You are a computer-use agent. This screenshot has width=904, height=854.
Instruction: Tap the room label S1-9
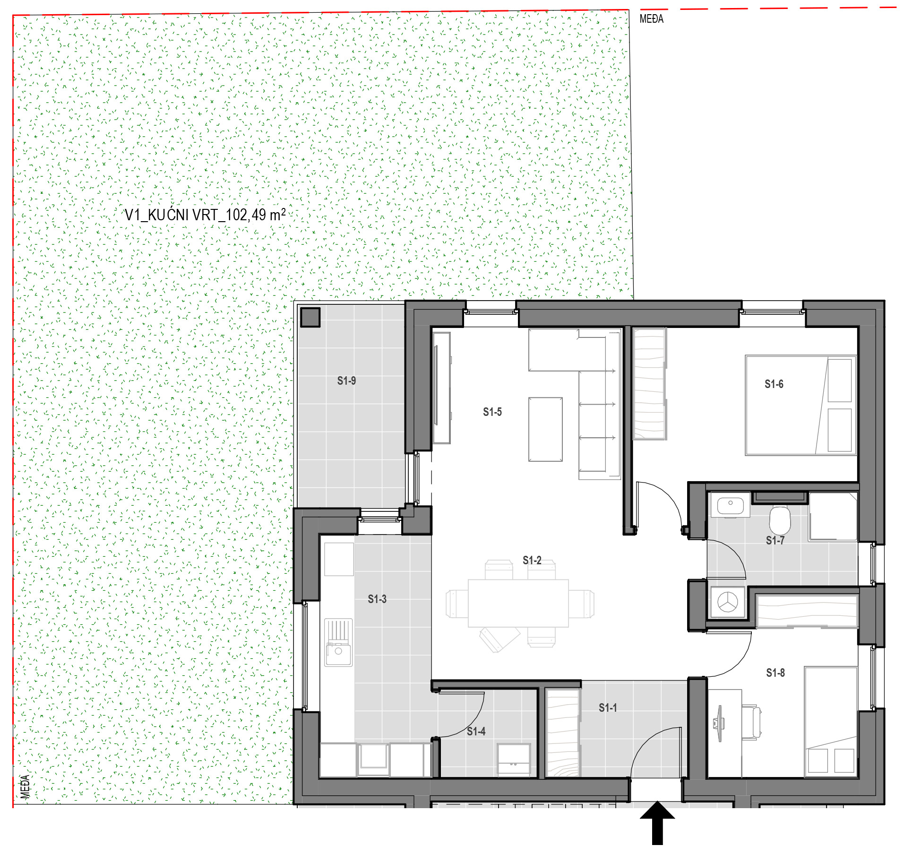pos(346,381)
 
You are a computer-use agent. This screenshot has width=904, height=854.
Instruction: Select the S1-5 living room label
pos(492,412)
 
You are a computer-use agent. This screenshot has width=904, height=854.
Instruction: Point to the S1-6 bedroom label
pos(774,384)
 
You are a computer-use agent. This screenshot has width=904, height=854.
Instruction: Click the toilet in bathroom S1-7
pos(780,520)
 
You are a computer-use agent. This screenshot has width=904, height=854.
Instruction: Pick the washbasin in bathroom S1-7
pos(730,505)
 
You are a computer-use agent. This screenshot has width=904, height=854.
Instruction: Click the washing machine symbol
pos(728,602)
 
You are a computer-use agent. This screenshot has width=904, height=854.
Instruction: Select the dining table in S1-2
pos(518,603)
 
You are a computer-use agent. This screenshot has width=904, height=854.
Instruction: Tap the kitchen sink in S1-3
pos(338,643)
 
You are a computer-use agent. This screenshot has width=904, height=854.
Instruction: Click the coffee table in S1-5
pos(545,429)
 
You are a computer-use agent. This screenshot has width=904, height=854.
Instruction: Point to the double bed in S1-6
pos(801,405)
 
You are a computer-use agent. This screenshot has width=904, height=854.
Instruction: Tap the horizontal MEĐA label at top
pos(651,19)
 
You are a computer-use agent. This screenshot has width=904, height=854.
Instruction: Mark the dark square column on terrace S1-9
pos(310,317)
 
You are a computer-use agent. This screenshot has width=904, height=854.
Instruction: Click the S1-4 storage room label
pos(476,732)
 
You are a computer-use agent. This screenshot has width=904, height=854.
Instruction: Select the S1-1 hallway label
pos(608,708)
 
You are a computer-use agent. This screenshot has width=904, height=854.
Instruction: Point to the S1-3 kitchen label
pos(377,599)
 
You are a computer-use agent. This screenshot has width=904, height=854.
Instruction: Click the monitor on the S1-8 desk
pos(719,724)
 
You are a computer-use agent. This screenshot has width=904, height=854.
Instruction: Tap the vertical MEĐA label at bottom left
pos(26,786)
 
